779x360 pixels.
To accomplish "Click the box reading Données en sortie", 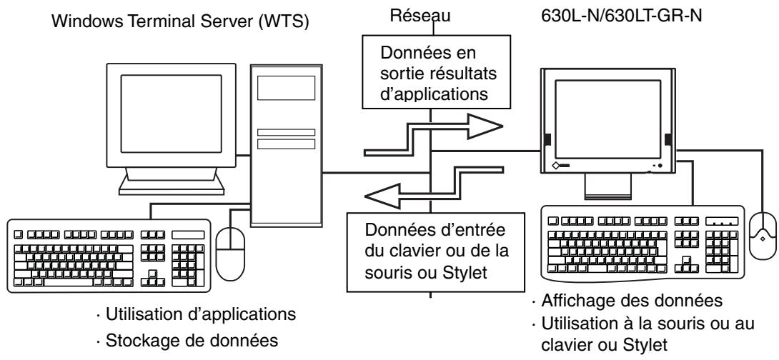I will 428,74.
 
